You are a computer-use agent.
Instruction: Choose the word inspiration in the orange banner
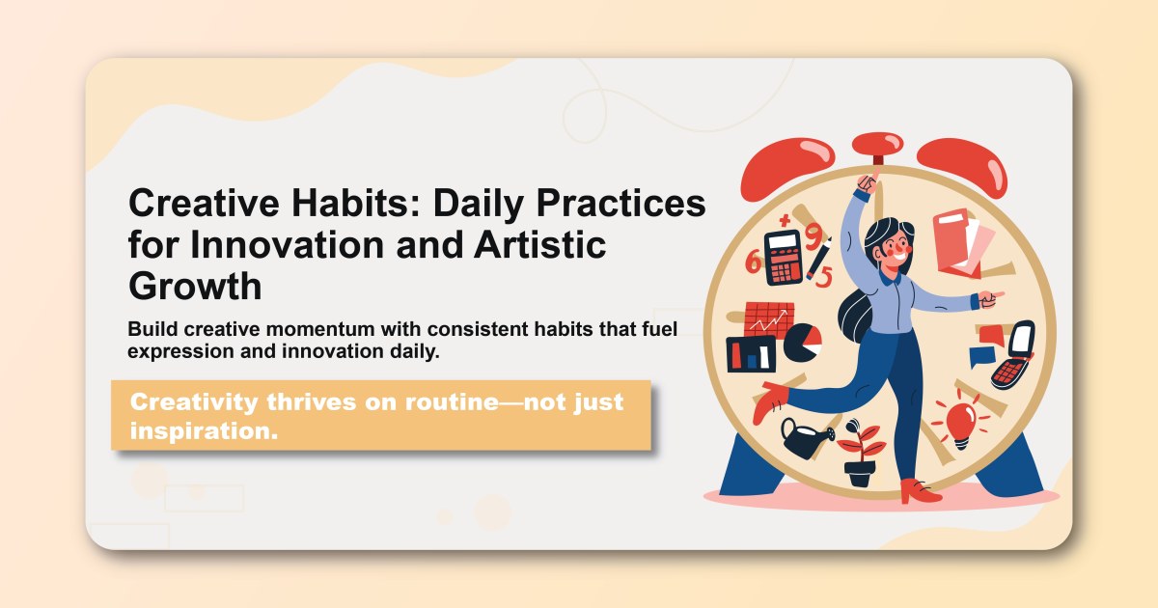point(204,431)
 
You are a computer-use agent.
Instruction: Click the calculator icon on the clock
point(784,257)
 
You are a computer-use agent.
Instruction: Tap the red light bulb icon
point(960,423)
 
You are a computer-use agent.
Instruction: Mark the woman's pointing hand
point(990,299)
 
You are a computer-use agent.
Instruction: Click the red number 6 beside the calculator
point(753,261)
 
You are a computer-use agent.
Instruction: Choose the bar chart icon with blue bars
point(750,354)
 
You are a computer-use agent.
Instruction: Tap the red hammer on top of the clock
point(878,147)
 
